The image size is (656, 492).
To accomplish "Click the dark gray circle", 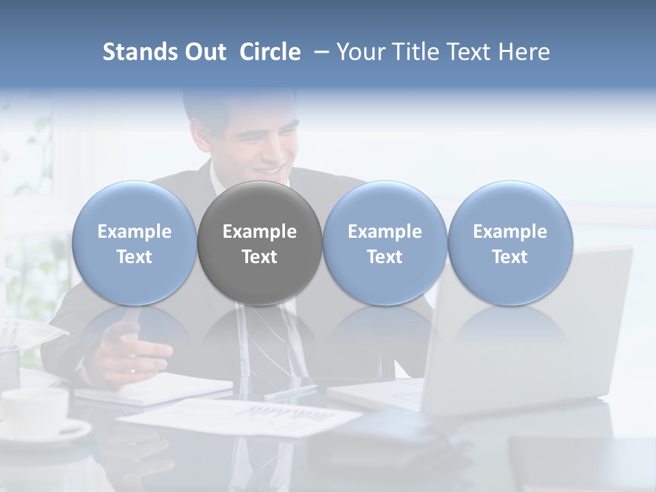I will [260, 243].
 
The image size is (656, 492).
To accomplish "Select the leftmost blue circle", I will [134, 243].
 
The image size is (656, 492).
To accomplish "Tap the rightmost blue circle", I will [510, 243].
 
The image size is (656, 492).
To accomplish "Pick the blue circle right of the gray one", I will [385, 243].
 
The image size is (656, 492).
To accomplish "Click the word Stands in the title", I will [139, 52].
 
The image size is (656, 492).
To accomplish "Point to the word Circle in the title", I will [270, 52].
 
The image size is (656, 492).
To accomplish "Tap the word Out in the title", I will [205, 52].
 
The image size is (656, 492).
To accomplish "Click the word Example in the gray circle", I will [260, 232].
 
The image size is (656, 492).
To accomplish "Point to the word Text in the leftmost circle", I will [134, 257].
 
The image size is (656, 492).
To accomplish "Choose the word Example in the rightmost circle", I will [510, 232].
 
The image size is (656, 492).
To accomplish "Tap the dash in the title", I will [318, 52].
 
